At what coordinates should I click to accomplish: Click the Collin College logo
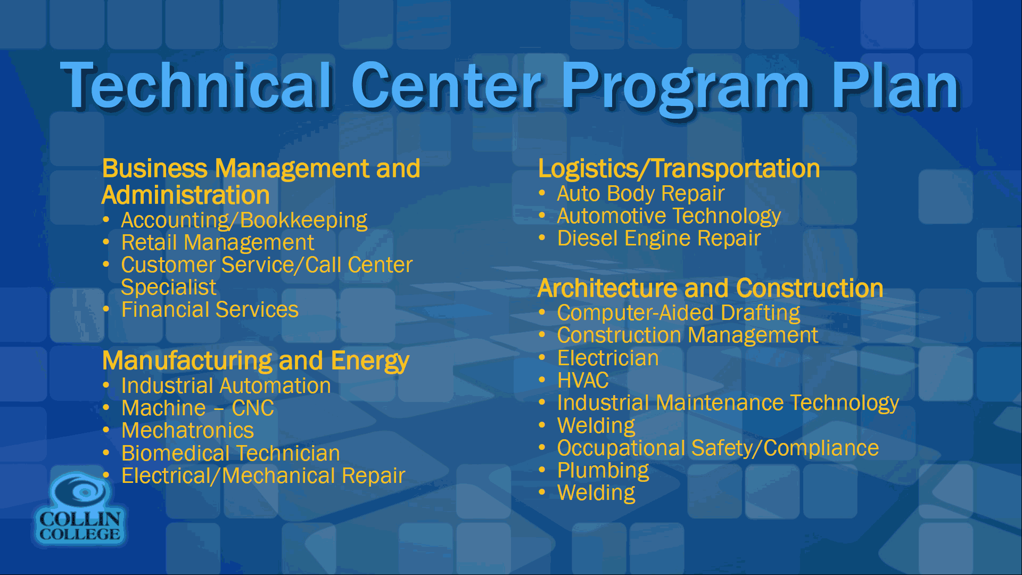click(x=80, y=509)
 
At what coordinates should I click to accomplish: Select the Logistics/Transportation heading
click(x=679, y=169)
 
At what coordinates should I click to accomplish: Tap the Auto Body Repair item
click(x=641, y=194)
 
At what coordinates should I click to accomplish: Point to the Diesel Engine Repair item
click(x=659, y=239)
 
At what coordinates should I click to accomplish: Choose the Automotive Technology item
click(x=669, y=216)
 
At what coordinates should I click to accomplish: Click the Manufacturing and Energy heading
click(x=256, y=361)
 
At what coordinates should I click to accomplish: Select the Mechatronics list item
click(x=187, y=430)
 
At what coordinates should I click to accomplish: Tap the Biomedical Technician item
click(x=230, y=453)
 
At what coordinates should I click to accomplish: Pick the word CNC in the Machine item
click(x=253, y=408)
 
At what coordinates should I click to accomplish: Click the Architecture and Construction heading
click(x=711, y=289)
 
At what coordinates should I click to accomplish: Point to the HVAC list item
click(x=583, y=381)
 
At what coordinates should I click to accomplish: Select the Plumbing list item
click(x=603, y=471)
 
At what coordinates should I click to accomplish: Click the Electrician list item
click(x=608, y=358)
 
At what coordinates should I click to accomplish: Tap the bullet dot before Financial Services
click(x=106, y=309)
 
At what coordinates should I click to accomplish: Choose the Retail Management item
click(x=218, y=243)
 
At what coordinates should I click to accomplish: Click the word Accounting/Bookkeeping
click(x=244, y=220)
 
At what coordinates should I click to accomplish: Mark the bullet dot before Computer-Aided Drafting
click(x=542, y=312)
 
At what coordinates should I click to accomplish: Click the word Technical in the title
click(x=197, y=85)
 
